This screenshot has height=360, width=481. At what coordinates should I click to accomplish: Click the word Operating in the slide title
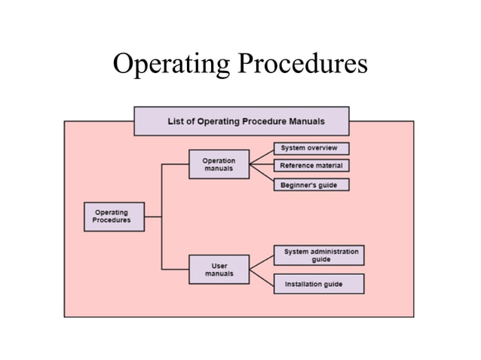point(171,65)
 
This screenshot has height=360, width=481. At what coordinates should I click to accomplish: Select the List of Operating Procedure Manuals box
point(241,121)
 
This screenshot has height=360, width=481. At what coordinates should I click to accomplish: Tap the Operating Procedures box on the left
point(114,217)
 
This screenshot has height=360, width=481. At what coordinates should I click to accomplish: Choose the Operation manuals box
point(219,165)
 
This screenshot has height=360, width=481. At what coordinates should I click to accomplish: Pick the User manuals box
point(219,270)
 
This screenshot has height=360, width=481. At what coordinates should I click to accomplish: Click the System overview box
point(311,148)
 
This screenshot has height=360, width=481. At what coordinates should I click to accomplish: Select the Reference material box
point(311,166)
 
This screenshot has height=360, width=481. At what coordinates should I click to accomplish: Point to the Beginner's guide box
point(311,185)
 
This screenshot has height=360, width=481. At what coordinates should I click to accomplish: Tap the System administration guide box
point(318,255)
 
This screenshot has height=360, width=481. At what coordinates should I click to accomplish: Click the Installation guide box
point(318,284)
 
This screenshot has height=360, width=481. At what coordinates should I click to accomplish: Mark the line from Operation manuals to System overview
point(261,156)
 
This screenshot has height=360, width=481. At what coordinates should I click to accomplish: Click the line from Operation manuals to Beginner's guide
point(261,175)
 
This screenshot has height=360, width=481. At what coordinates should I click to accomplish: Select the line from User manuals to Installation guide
point(261,276)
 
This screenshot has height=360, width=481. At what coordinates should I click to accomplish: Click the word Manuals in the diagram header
point(305,122)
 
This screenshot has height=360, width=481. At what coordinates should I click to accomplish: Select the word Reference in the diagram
point(296,166)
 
